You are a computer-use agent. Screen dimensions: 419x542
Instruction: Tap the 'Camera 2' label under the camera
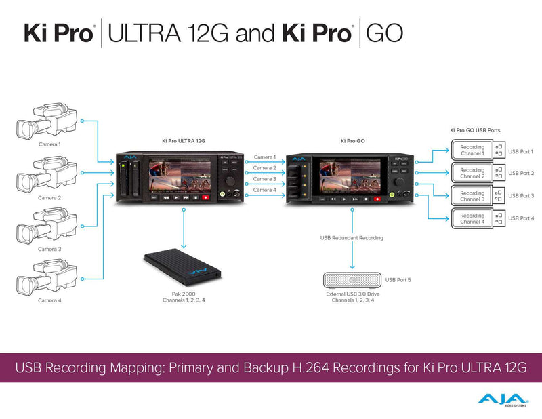pos(49,197)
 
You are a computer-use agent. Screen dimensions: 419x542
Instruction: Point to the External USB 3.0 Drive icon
pos(352,281)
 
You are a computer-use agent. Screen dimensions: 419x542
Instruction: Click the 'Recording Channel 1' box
pos(472,151)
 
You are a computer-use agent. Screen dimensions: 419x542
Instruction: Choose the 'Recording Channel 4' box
pos(472,218)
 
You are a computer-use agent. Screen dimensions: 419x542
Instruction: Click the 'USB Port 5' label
pos(398,279)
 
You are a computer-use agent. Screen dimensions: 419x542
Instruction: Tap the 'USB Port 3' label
pos(521,196)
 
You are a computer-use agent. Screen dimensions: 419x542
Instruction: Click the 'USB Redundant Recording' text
pos(352,238)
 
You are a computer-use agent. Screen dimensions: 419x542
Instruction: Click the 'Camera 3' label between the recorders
pos(264,179)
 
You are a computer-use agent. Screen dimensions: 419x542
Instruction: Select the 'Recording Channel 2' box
pos(472,173)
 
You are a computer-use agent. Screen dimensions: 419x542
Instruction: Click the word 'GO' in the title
pos(384,34)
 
